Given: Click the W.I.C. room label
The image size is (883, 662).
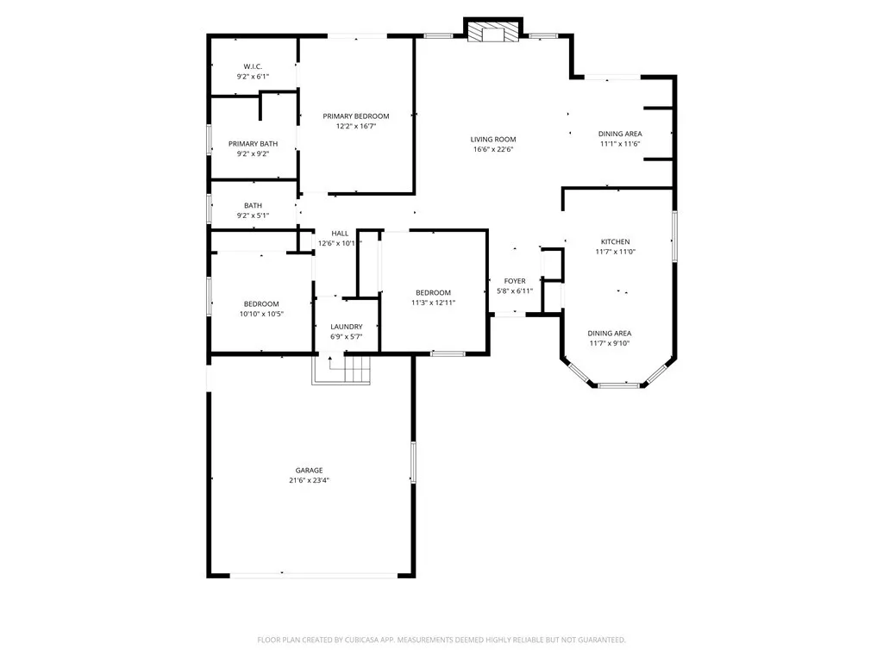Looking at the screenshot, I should click(253, 66).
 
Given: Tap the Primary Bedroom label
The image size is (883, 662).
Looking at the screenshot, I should click(356, 116).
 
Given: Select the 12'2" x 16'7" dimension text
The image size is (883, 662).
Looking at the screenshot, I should click(356, 126).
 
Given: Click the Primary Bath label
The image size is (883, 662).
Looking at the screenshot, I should click(253, 144).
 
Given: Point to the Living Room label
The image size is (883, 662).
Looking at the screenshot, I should click(493, 139).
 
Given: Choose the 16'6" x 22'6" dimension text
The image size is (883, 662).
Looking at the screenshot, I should click(493, 149).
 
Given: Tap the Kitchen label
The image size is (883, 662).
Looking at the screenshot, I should click(616, 241).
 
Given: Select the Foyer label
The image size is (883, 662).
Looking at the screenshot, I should click(515, 281).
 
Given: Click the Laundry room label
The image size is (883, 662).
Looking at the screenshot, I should click(347, 327).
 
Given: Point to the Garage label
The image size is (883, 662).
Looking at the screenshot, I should click(310, 471).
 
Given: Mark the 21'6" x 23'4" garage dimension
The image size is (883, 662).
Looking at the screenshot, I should click(310, 481).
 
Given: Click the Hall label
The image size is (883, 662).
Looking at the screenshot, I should click(340, 234).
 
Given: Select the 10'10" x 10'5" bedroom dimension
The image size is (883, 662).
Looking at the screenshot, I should click(261, 314).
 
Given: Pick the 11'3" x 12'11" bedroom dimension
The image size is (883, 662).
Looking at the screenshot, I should click(433, 303).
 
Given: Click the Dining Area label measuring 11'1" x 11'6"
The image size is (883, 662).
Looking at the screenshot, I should click(621, 134).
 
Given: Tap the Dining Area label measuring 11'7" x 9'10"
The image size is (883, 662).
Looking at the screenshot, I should click(610, 333).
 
